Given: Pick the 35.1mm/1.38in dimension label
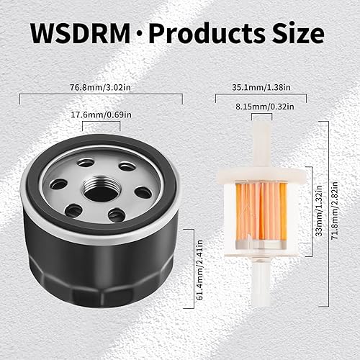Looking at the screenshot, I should point(262,88).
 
